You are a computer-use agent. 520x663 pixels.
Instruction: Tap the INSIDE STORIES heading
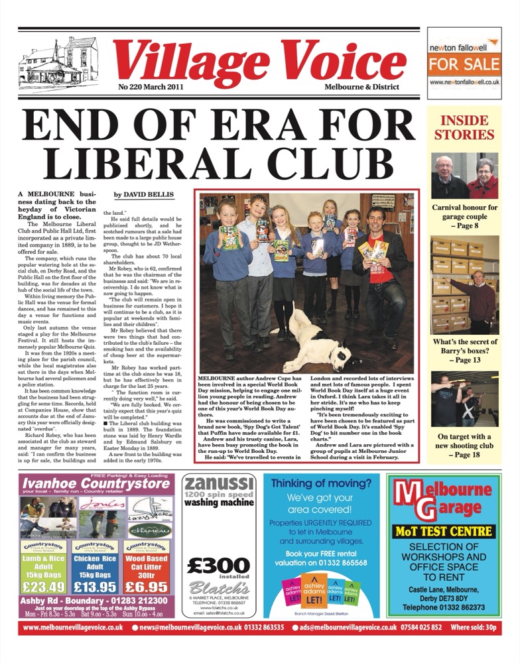click(x=464, y=127)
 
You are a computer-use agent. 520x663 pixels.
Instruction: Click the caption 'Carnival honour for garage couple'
click(x=464, y=212)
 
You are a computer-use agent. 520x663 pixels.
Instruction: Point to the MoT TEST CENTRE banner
click(x=444, y=531)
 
